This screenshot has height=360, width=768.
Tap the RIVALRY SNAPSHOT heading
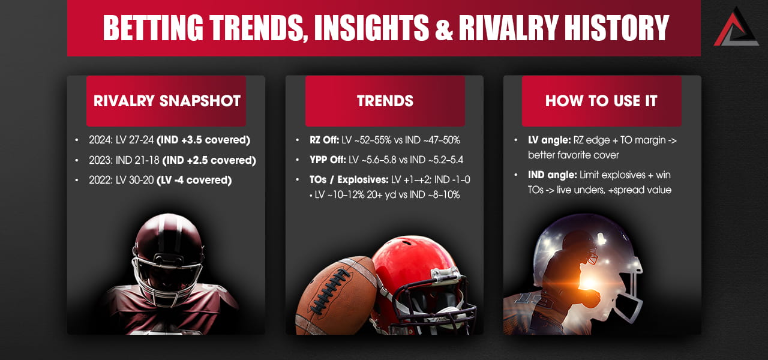click(x=167, y=101)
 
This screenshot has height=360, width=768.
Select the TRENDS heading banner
click(x=385, y=101)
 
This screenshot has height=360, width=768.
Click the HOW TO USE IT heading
click(x=601, y=101)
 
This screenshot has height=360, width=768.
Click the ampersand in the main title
click(x=443, y=29)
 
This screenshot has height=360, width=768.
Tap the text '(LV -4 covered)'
click(x=194, y=180)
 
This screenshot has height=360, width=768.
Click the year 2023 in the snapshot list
click(x=98, y=160)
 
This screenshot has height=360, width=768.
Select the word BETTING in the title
click(x=151, y=28)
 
